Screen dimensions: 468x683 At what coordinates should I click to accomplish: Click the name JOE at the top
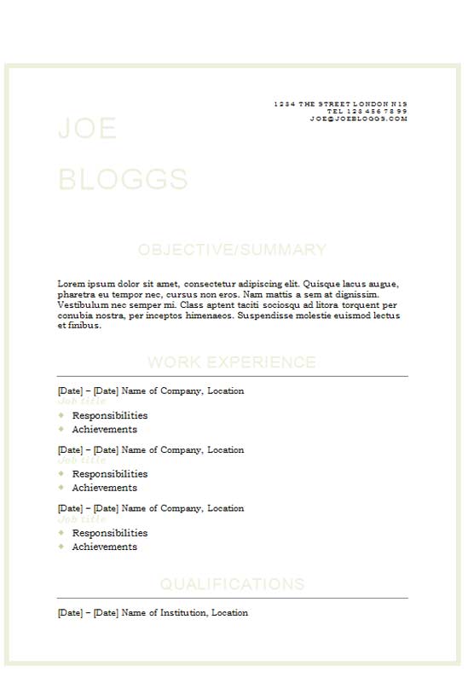coord(87,129)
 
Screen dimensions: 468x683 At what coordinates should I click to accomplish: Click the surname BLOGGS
coord(123,179)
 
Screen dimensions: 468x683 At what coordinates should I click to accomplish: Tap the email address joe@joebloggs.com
coord(359,119)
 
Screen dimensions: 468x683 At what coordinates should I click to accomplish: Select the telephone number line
coord(367,111)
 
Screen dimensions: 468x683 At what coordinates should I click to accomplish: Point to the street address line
coord(340,103)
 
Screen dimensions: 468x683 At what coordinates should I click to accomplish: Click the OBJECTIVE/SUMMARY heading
coord(232,250)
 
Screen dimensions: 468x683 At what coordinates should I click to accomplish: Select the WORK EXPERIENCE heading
coord(232,362)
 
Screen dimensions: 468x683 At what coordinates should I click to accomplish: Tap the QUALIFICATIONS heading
coord(232,584)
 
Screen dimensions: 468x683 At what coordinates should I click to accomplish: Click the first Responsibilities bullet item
coord(110,415)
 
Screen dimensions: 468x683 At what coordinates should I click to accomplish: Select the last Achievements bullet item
coord(104,547)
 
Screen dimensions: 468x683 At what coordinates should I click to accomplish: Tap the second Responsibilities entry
coord(110,473)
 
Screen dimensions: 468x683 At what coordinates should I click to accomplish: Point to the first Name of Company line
coord(182,391)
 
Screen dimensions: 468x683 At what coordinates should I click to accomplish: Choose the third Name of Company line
coord(182,508)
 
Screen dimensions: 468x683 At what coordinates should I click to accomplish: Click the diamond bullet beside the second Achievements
coord(61,488)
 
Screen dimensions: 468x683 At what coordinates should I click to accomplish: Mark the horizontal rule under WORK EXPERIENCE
coord(232,376)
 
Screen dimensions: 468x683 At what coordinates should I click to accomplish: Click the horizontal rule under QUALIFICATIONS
coord(232,598)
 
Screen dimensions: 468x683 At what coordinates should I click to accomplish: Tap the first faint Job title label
coord(82,401)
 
